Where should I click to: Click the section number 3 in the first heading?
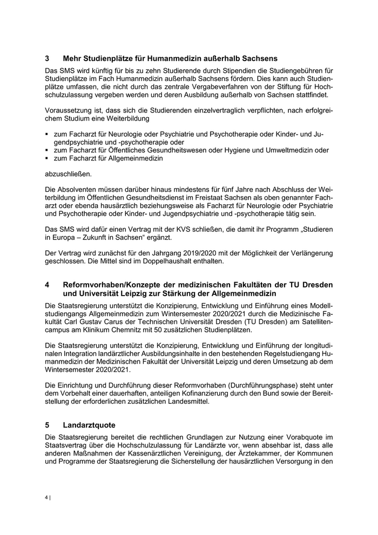click(x=47, y=58)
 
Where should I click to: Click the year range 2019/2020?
click(x=192, y=253)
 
